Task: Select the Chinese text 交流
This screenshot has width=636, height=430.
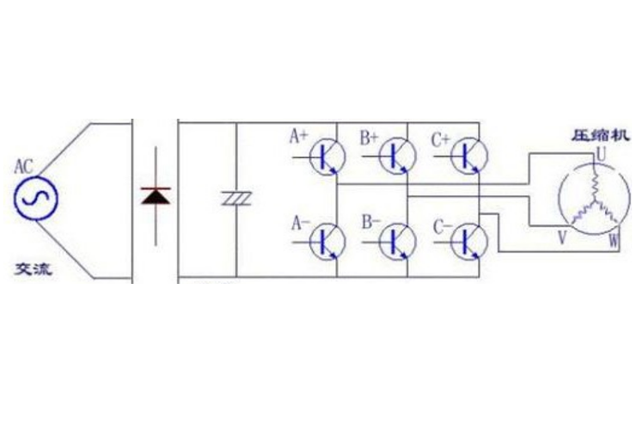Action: point(34,269)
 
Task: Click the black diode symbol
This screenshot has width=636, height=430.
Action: point(156,196)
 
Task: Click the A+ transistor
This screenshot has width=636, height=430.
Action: point(327,157)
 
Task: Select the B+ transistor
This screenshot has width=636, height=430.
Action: point(397,157)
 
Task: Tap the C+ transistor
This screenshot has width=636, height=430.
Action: point(469,157)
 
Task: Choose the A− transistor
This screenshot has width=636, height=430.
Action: point(327,240)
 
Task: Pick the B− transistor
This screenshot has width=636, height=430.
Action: point(397,240)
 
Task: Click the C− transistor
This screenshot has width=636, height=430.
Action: point(469,240)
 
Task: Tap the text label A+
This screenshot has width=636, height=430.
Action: point(298,136)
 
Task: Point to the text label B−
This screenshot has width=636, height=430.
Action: point(370,222)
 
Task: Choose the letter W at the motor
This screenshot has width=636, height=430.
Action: point(614,241)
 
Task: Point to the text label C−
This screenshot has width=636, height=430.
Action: point(443,226)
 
